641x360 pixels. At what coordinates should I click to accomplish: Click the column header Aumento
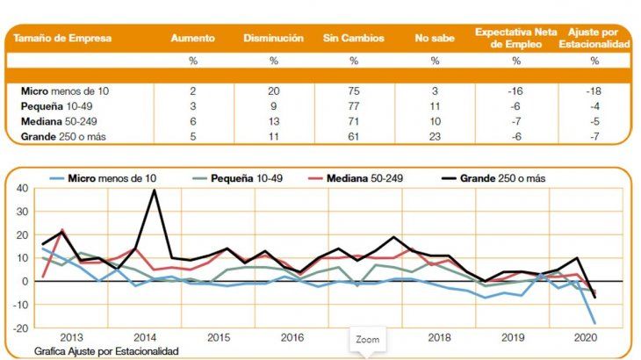click(x=192, y=39)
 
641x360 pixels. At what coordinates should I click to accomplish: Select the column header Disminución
click(x=274, y=39)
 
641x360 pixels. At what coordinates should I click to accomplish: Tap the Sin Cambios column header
click(x=353, y=39)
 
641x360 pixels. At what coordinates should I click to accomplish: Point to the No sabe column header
click(x=435, y=39)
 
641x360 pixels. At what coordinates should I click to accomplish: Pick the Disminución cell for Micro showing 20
click(x=274, y=90)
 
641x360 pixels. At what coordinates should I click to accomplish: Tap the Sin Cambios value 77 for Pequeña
click(x=353, y=106)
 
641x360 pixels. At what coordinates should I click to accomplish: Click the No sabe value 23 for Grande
click(x=435, y=138)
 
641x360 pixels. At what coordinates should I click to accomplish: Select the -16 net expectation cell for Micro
click(x=516, y=90)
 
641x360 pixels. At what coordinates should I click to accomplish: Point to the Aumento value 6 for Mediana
click(x=192, y=122)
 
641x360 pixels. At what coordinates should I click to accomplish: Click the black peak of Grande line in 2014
click(x=155, y=190)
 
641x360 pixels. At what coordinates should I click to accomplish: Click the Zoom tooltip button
click(x=366, y=339)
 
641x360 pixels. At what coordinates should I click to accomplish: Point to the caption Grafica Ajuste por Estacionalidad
click(x=108, y=350)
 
